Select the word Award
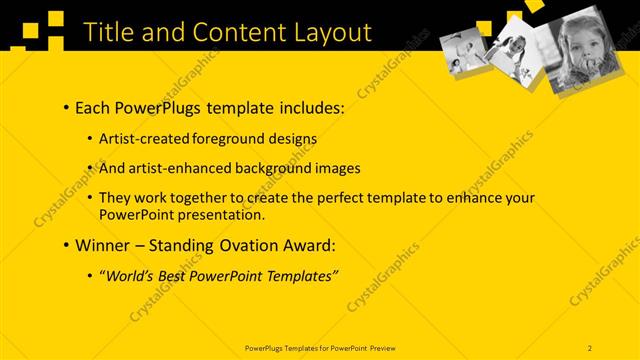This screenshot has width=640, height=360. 309,245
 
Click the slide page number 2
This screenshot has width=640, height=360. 590,347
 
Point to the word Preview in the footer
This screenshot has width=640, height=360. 378,347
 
